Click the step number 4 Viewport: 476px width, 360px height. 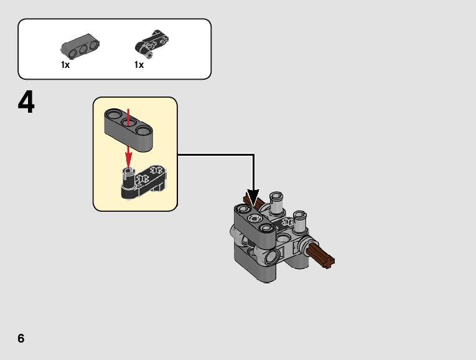click(26, 103)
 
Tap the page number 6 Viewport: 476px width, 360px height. click(21, 338)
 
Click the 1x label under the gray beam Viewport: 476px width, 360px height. click(65, 65)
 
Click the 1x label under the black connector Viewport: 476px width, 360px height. click(139, 65)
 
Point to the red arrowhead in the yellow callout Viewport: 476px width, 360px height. click(128, 154)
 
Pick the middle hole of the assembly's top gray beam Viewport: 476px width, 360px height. click(253, 219)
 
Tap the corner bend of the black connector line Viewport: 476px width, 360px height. click(254, 154)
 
